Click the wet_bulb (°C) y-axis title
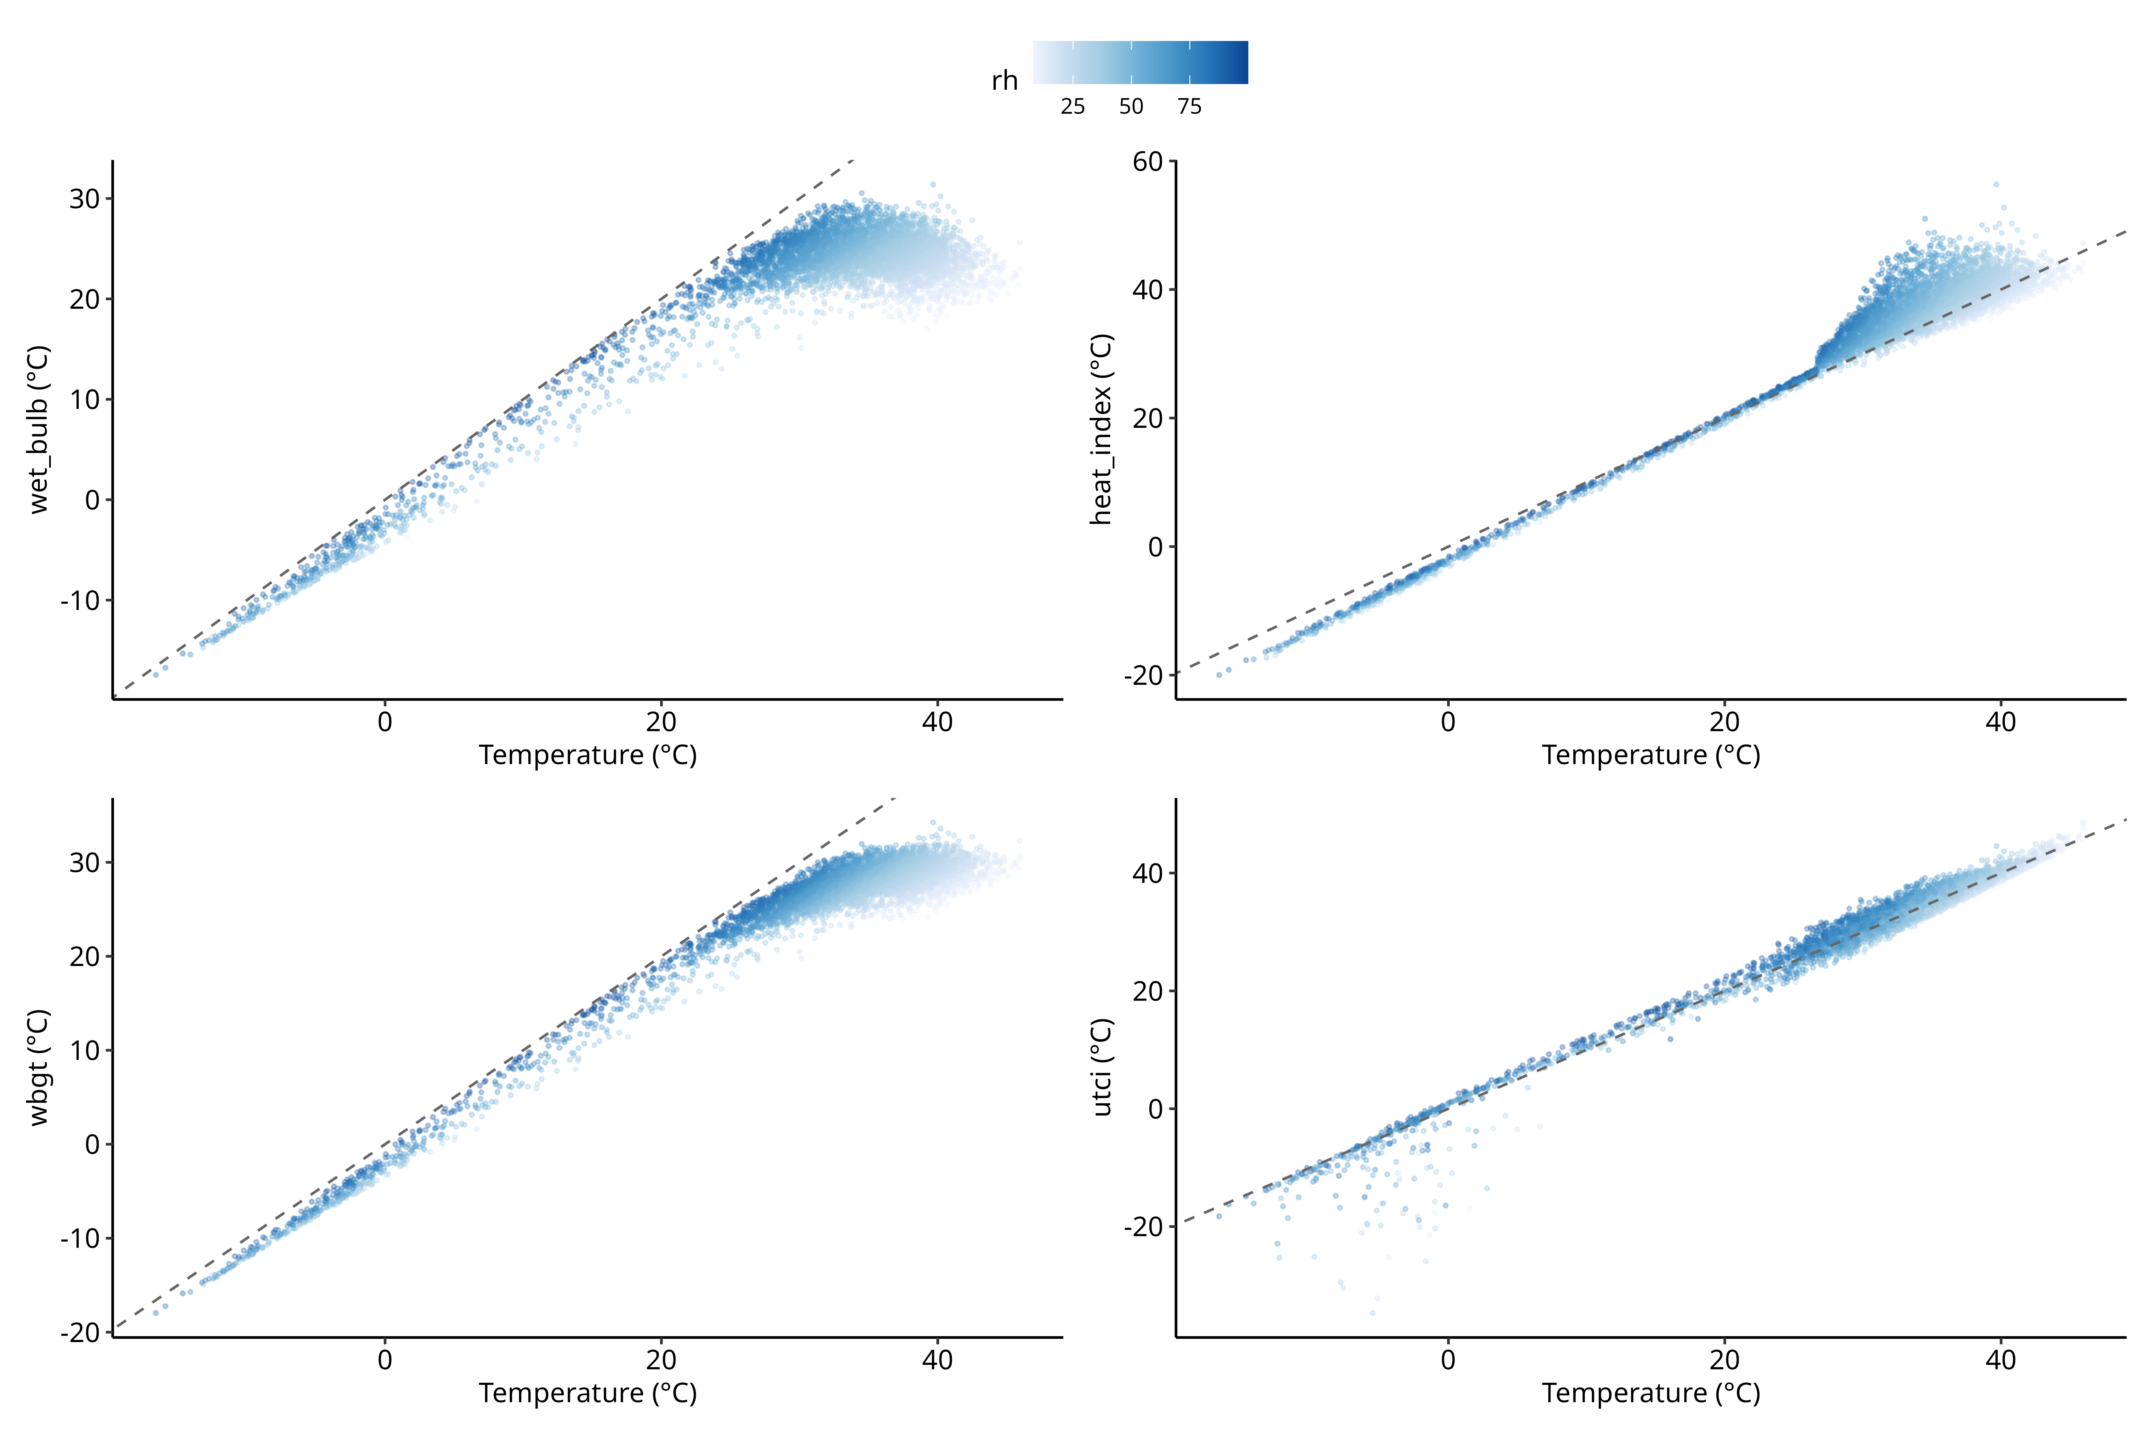[x=39, y=430]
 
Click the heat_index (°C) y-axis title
[x=1102, y=430]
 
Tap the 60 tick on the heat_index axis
[x=1148, y=162]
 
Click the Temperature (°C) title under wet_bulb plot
[x=588, y=756]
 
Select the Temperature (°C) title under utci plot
[x=1651, y=1394]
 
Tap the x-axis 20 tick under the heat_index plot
[x=1724, y=722]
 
